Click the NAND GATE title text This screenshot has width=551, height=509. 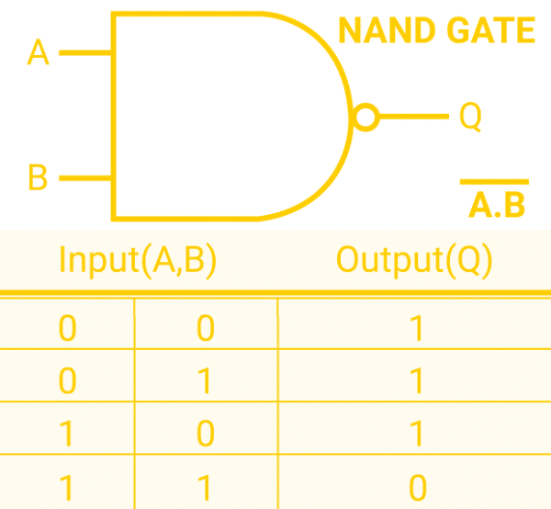pyautogui.click(x=436, y=31)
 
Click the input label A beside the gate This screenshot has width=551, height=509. pyautogui.click(x=38, y=52)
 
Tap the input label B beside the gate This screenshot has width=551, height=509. pyautogui.click(x=38, y=176)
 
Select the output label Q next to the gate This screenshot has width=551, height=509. pyautogui.click(x=469, y=117)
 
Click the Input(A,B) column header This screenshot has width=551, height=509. pyautogui.click(x=137, y=260)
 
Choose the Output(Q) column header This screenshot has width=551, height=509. pyautogui.click(x=414, y=260)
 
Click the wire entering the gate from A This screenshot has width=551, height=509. pyautogui.click(x=85, y=53)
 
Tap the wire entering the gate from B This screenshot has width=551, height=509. pyautogui.click(x=85, y=176)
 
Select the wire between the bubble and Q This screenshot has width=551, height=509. pyautogui.click(x=411, y=117)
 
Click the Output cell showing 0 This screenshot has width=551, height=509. pyautogui.click(x=418, y=487)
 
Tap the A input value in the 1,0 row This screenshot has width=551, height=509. pyautogui.click(x=67, y=435)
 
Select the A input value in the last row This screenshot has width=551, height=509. pyautogui.click(x=67, y=487)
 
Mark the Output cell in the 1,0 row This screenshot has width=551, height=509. pyautogui.click(x=418, y=435)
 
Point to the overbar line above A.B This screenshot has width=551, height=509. pyautogui.click(x=494, y=182)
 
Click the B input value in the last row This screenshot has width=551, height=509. pyautogui.click(x=207, y=487)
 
